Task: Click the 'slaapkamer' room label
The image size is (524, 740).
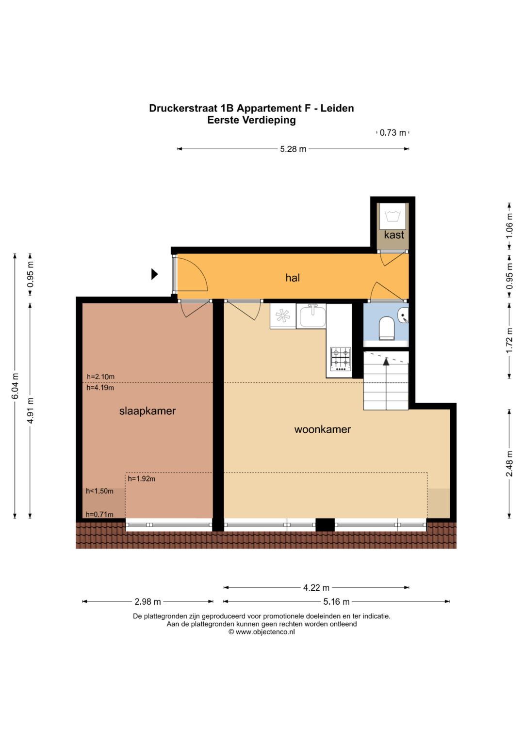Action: tap(147, 411)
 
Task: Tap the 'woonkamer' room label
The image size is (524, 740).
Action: tap(323, 429)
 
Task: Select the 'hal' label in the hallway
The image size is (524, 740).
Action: tap(293, 278)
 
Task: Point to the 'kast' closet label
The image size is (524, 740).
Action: tap(394, 235)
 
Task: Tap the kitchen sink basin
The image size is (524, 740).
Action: tap(312, 316)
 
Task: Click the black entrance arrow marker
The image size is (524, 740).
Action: tap(154, 274)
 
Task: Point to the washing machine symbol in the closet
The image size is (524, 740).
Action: tap(393, 216)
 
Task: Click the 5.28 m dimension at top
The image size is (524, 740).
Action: tap(293, 149)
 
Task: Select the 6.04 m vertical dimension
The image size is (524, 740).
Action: tap(15, 386)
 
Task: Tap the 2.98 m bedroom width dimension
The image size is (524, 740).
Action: tap(147, 601)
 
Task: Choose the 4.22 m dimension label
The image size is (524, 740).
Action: tap(316, 587)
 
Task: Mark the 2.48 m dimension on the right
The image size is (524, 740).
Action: tap(509, 464)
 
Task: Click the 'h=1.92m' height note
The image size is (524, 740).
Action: tap(142, 479)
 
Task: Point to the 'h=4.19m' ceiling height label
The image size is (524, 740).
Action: tap(100, 388)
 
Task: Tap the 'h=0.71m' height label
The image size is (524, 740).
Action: tap(99, 514)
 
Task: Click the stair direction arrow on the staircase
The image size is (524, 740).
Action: tap(386, 361)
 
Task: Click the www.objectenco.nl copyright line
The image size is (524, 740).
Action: tap(262, 632)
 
